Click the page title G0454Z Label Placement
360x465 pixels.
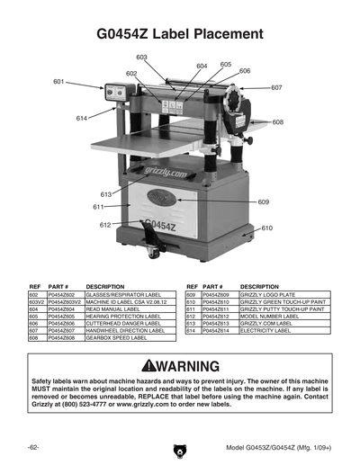180,34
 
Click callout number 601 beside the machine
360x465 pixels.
58,82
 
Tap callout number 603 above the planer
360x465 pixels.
142,57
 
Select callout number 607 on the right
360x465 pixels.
276,87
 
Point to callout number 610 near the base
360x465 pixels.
266,228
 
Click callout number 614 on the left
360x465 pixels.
82,118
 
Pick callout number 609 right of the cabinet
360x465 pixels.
263,202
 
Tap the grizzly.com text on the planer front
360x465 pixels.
166,171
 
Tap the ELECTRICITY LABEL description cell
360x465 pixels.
265,331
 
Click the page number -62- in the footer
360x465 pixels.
33,447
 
